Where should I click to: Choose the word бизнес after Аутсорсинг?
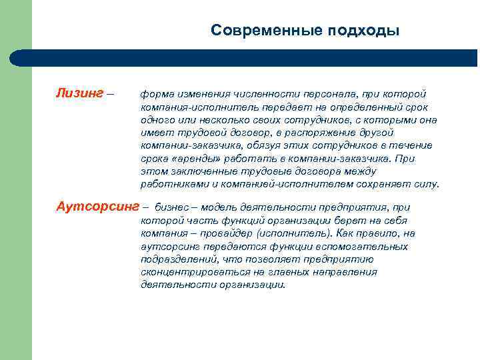pos(172,207)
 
